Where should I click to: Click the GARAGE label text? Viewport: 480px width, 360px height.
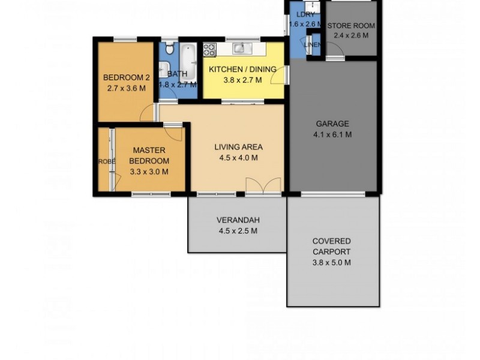click(332, 124)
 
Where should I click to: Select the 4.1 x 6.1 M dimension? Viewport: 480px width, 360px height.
click(332, 134)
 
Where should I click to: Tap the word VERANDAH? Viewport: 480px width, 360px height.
click(238, 220)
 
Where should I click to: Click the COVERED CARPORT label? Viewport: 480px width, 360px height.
click(331, 247)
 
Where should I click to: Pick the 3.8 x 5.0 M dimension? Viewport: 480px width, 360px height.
click(331, 262)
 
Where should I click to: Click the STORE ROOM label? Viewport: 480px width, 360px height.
click(351, 26)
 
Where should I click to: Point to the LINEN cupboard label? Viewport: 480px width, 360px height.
click(313, 45)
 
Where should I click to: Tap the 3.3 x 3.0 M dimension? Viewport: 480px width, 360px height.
click(149, 172)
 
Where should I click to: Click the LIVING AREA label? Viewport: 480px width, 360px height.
click(239, 146)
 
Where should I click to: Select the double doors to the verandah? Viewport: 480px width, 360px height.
click(263, 186)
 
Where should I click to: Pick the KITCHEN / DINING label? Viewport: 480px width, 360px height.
click(242, 70)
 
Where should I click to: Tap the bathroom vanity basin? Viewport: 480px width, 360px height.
click(164, 68)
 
